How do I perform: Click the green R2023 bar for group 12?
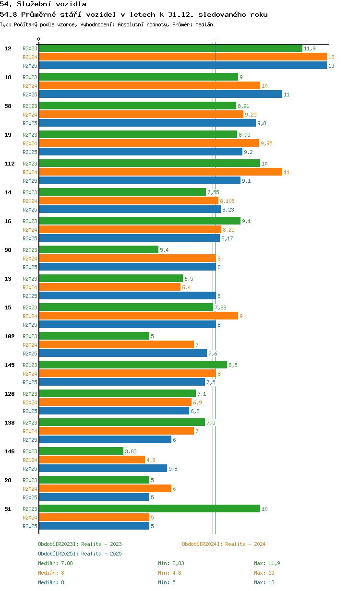pyautogui.click(x=170, y=48)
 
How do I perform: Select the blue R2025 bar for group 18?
pyautogui.click(x=160, y=94)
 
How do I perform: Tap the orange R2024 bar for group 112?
pyautogui.click(x=160, y=172)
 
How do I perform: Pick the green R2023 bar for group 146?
pyautogui.click(x=81, y=451)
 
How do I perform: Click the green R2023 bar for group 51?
pyautogui.click(x=149, y=508)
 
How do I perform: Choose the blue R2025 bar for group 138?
pyautogui.click(x=105, y=439)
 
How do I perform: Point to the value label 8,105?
pyautogui.click(x=227, y=201)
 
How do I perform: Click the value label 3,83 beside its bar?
pyautogui.click(x=131, y=451)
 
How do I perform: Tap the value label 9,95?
pyautogui.click(x=266, y=143)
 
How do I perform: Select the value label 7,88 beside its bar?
pyautogui.click(x=220, y=307)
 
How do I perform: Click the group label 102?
pyautogui.click(x=10, y=336)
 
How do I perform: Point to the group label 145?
pyautogui.click(x=10, y=365)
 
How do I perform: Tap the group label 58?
pyautogui.click(x=8, y=106)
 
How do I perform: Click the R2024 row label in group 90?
pyautogui.click(x=30, y=259)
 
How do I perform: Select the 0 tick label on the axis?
pyautogui.click(x=38, y=39)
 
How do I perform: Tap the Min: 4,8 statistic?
pyautogui.click(x=169, y=573)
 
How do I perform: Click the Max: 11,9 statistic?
pyautogui.click(x=267, y=563)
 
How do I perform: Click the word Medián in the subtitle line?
pyautogui.click(x=204, y=24)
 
